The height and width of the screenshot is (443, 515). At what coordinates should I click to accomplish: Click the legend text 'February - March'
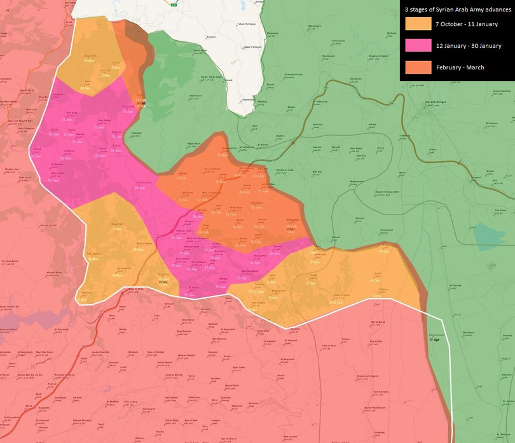point(459,67)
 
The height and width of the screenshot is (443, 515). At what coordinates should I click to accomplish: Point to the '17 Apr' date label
point(434,339)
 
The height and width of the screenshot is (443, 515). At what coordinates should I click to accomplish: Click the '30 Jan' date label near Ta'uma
point(274,253)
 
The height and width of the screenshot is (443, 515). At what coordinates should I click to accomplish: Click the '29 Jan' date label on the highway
point(197,217)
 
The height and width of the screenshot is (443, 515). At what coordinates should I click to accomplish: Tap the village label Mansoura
point(467,332)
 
